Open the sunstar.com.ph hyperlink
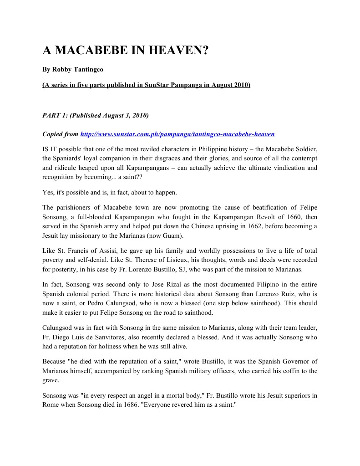[x=177, y=134]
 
